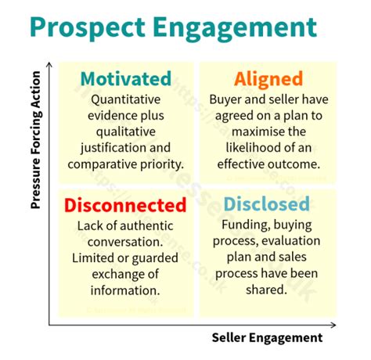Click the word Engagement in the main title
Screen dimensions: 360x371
click(243, 29)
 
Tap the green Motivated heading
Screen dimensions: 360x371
click(124, 79)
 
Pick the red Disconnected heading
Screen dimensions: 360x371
click(124, 206)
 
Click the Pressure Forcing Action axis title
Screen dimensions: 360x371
click(35, 153)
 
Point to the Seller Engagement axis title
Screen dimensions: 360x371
click(267, 337)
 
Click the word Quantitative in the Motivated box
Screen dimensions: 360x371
click(125, 100)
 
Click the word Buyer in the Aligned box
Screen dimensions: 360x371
click(225, 100)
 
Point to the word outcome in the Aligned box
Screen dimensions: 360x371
click(290, 164)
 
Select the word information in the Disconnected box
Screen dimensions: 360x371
click(125, 290)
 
